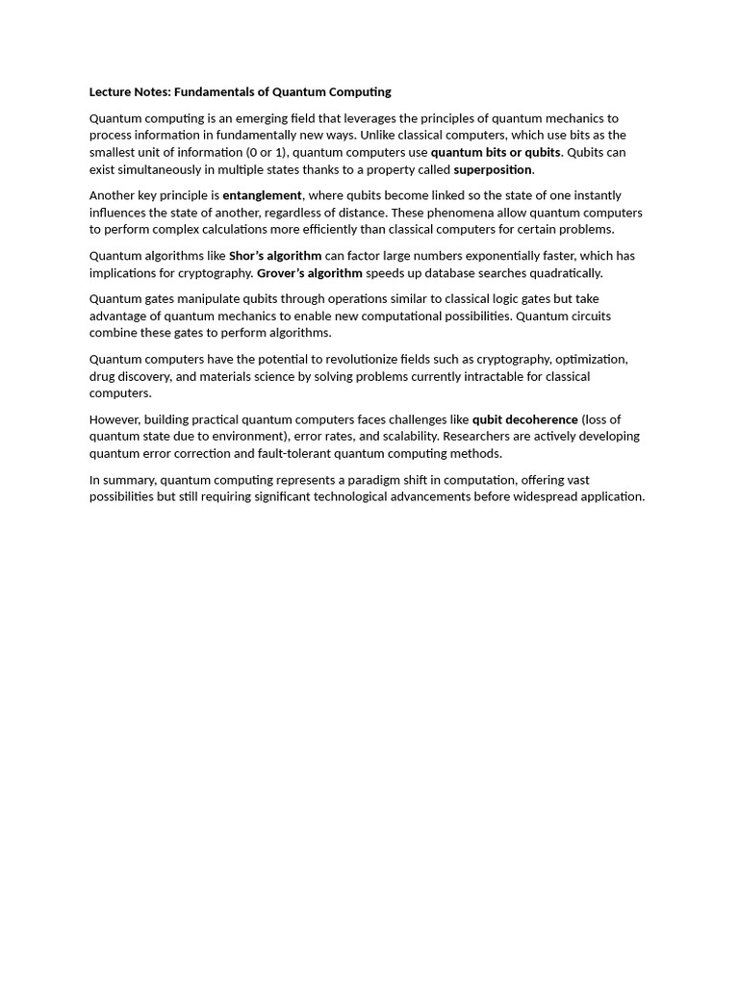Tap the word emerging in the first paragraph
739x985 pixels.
click(253, 118)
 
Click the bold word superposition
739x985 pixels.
click(492, 169)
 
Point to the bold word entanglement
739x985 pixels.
click(262, 195)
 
